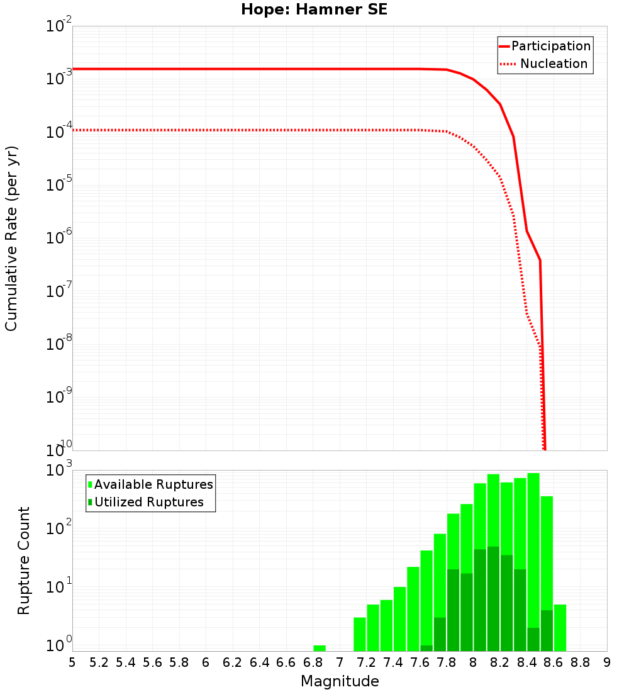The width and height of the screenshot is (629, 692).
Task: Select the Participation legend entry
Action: click(550, 47)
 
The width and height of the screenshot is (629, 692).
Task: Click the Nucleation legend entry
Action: click(554, 64)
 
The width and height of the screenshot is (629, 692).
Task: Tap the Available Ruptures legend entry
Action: click(153, 484)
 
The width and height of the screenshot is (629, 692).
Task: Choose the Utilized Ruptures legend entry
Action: click(148, 502)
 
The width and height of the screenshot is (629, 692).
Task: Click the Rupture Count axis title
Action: click(24, 561)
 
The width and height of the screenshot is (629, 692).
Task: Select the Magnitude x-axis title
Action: click(340, 681)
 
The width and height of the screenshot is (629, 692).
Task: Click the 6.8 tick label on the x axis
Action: click(313, 662)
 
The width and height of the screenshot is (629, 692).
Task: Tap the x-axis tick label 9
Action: click(607, 662)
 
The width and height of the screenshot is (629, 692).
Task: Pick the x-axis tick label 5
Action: click(72, 662)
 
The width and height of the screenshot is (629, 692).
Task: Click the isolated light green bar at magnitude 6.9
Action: click(320, 648)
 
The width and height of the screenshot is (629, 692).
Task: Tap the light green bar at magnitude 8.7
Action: click(560, 628)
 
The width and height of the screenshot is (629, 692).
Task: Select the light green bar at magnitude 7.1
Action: click(360, 634)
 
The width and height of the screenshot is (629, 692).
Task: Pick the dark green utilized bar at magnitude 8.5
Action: click(533, 639)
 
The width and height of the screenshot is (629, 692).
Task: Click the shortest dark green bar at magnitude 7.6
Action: click(426, 648)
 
